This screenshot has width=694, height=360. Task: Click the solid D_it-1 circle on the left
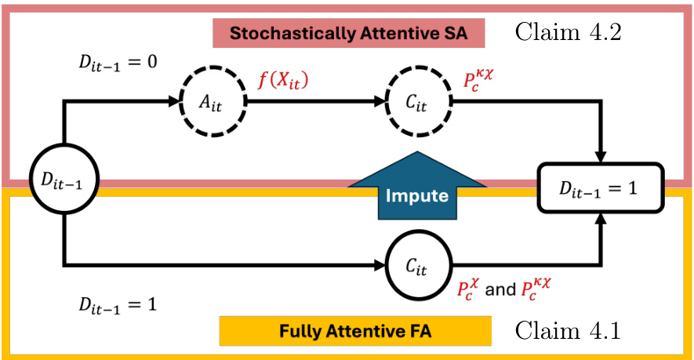[x=60, y=181]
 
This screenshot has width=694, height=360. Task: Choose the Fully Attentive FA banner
[x=355, y=331]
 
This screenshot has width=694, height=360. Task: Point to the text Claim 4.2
[x=568, y=33]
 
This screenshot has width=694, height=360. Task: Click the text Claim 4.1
[x=568, y=330]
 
